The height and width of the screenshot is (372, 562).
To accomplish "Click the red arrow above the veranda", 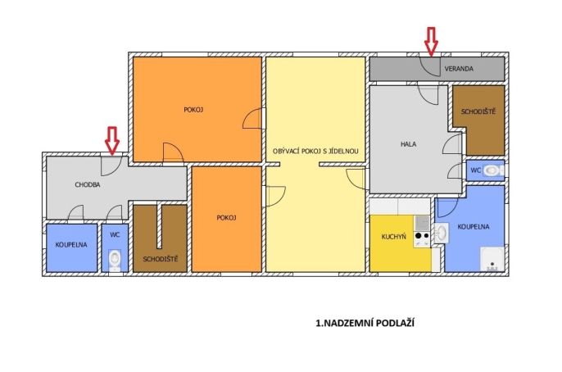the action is coord(431,42).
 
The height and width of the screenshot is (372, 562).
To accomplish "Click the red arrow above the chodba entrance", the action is coord(112,141).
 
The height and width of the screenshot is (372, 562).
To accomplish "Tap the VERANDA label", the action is coord(459,69).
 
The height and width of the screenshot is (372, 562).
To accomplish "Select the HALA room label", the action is coord(408,144).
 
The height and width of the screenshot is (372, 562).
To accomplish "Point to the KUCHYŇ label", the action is coord(393,237).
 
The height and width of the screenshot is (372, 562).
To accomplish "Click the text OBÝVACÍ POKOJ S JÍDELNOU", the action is coord(315,152).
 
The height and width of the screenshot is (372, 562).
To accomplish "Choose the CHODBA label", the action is coord(88,184).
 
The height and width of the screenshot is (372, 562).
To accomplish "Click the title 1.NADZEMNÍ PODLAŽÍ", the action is coord(365,323).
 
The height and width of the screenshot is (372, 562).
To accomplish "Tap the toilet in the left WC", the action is coord(115,259).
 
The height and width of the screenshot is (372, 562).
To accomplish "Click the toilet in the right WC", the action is coord(493,170).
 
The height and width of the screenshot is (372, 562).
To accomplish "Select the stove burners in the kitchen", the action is coord(421,235).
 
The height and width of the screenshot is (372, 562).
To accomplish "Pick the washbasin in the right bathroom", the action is coord(442,233).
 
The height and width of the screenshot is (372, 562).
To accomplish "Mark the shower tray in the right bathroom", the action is coord(492,259).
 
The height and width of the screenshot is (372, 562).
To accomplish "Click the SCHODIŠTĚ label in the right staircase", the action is coord(478,111).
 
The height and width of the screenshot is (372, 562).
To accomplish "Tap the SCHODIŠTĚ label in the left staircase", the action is coord(161,259).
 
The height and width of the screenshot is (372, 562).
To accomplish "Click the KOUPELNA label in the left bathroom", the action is coord(71,245).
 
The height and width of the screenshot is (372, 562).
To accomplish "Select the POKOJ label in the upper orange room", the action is coord(193,110).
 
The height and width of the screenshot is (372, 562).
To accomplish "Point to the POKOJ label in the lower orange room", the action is coord(226,217).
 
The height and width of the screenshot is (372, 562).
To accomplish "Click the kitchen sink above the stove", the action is coord(421,223).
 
